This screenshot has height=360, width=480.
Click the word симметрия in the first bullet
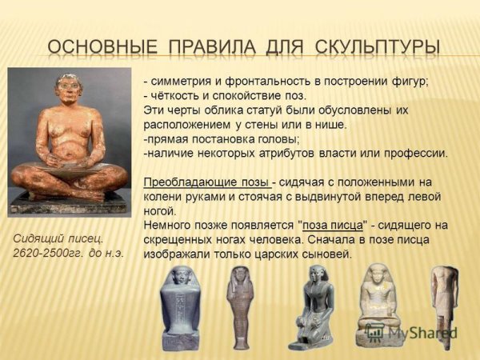184,82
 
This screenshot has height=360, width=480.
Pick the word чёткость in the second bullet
177,96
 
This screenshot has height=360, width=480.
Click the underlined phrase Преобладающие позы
206,182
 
